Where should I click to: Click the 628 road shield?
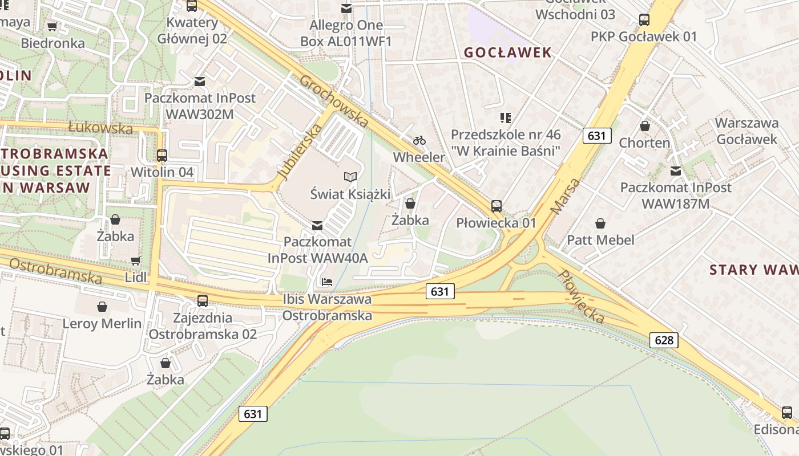point(664,340)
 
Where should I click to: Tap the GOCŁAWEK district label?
point(507,52)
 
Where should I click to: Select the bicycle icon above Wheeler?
point(419,140)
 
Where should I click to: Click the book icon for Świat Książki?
point(350,177)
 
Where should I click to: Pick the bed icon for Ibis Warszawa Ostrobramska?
point(327,282)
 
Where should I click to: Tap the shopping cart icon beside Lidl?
point(135,260)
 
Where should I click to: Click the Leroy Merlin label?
point(102,323)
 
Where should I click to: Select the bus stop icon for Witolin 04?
point(162,155)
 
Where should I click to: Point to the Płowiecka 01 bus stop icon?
point(497,206)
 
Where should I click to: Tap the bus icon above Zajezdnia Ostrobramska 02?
point(203,300)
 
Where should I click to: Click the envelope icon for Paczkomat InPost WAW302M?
point(200,81)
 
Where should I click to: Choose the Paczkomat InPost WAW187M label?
point(676,195)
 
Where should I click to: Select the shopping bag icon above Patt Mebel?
point(600,223)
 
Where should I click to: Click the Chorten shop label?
point(645,142)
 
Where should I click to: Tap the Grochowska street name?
point(334,100)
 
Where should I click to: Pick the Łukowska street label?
point(100,127)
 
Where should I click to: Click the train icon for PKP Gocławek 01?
point(644,20)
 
